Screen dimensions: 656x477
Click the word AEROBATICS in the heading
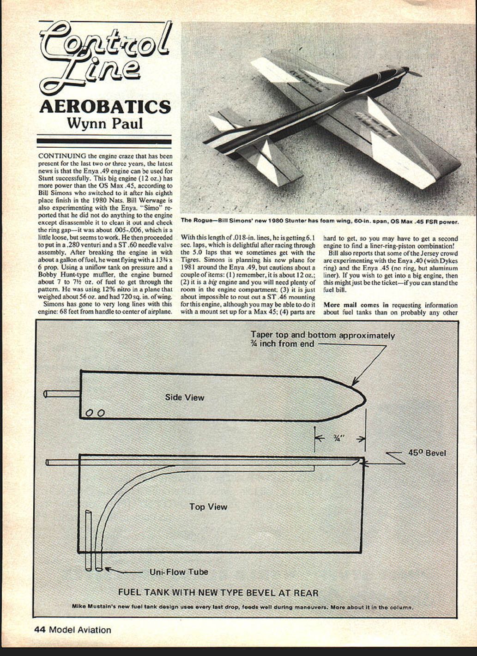click(x=105, y=106)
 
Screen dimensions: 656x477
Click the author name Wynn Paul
click(x=105, y=123)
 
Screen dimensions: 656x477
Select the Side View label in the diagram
click(x=184, y=397)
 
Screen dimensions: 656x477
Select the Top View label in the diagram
click(x=208, y=506)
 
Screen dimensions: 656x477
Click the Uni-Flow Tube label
click(x=179, y=572)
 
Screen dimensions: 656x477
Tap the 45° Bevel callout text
click(x=427, y=453)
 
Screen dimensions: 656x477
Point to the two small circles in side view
click(x=95, y=413)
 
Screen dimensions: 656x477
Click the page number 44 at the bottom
click(x=40, y=629)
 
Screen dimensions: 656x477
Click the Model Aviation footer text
click(x=80, y=629)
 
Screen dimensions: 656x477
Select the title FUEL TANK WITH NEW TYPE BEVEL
click(x=218, y=592)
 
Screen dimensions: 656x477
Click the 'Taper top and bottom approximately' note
click(x=322, y=335)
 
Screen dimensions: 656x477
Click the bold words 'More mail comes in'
click(x=356, y=305)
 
